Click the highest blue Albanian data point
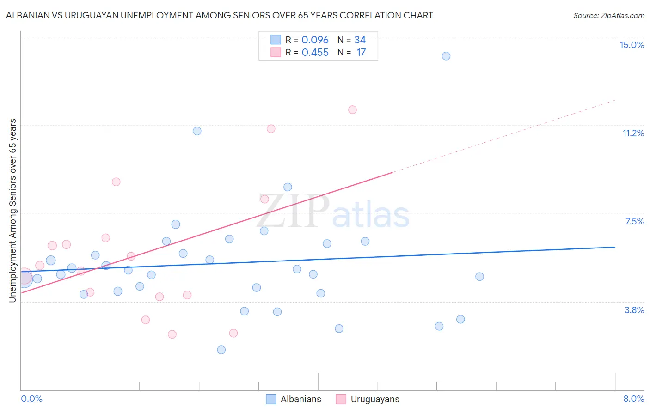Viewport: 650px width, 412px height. click(x=446, y=56)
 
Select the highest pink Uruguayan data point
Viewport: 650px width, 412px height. click(x=352, y=109)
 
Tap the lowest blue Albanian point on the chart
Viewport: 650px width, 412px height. click(x=221, y=350)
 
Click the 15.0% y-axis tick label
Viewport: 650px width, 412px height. click(x=632, y=45)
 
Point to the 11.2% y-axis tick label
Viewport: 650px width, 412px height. click(x=633, y=133)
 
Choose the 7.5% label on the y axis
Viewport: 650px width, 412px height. click(x=634, y=221)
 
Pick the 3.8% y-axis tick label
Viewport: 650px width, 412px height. click(x=634, y=310)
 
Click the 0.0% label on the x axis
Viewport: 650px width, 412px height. click(x=31, y=399)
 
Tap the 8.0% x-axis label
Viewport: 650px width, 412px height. click(x=633, y=399)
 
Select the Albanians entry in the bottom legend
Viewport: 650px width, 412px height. click(x=300, y=399)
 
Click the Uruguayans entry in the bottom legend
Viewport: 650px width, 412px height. click(x=374, y=399)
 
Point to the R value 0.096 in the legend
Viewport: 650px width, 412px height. click(x=315, y=40)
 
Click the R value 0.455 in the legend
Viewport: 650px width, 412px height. click(x=315, y=53)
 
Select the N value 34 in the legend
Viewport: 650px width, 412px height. click(x=360, y=40)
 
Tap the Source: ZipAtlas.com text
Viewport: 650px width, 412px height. click(x=608, y=15)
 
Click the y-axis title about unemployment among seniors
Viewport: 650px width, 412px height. click(x=12, y=211)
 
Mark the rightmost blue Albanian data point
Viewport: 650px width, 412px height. click(x=479, y=276)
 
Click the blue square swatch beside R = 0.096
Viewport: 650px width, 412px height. click(x=276, y=40)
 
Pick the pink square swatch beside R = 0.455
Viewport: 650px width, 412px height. click(x=276, y=52)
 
